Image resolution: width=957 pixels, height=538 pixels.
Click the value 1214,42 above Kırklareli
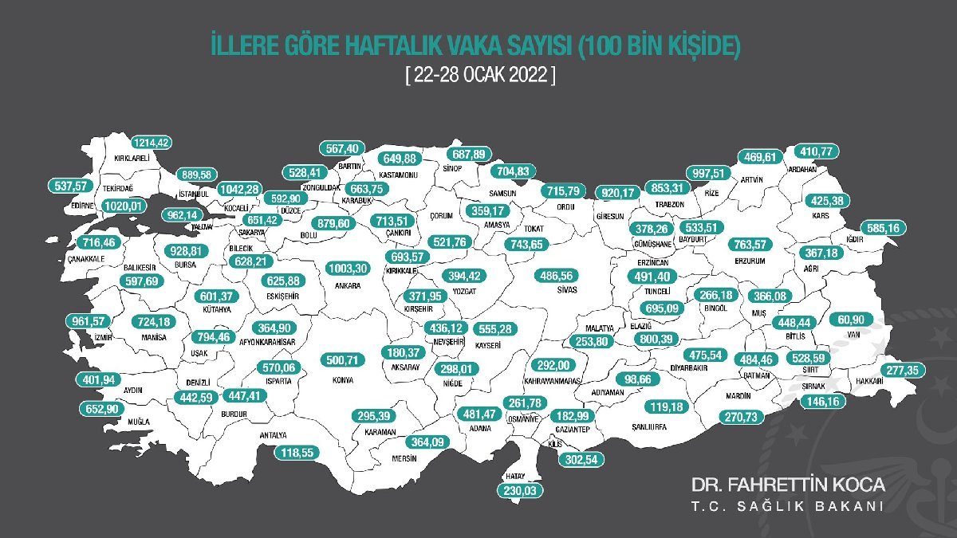(x=152, y=143)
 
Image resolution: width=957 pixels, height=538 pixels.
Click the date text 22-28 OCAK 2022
(x=478, y=75)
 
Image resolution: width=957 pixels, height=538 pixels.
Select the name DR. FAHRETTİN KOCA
(x=787, y=485)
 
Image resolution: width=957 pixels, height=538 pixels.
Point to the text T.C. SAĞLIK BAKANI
(x=787, y=508)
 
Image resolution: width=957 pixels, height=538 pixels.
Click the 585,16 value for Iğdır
(x=882, y=229)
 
